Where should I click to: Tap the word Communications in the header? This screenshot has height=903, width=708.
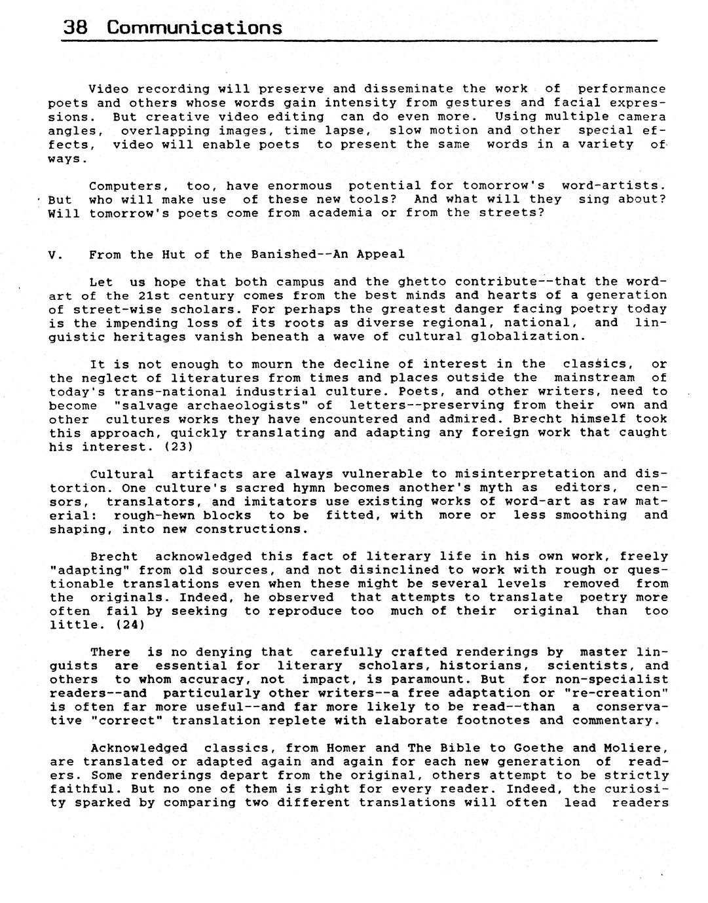195,28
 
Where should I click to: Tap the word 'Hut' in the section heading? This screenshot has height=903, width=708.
174,254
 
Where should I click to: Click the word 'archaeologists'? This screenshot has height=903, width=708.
252,405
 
